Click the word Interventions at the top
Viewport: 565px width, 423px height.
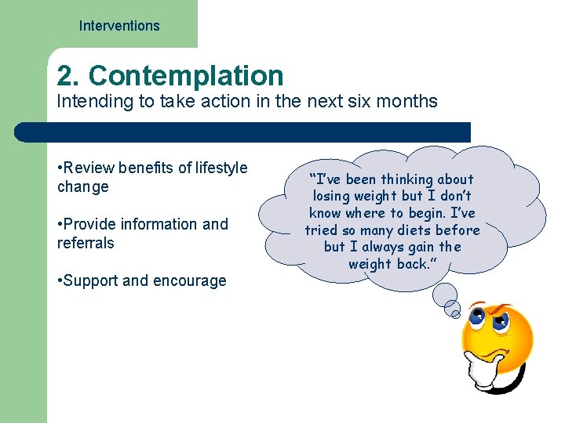click(x=119, y=26)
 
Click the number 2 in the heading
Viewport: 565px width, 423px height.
click(x=66, y=76)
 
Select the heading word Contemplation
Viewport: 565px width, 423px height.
click(x=186, y=76)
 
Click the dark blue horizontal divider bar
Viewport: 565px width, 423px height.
click(x=243, y=132)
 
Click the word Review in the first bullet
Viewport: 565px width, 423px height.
click(x=89, y=168)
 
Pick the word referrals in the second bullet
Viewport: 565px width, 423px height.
click(x=86, y=243)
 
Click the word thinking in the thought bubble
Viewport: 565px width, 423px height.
click(x=406, y=179)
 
